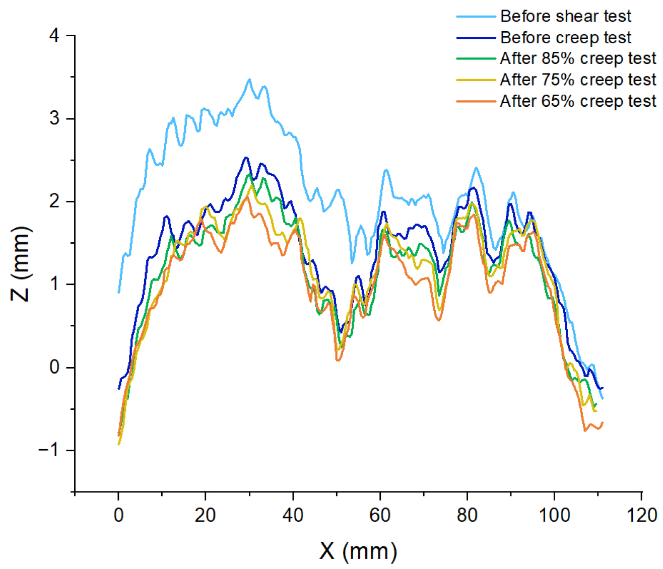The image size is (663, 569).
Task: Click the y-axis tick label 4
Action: (54, 36)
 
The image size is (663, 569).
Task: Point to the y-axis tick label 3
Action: (54, 119)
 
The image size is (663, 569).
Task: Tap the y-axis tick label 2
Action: (54, 201)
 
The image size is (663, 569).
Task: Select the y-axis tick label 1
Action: (54, 284)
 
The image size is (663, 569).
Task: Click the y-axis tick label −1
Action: (49, 450)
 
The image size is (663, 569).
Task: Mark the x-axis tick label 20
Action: (206, 515)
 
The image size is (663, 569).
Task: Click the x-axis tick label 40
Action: (293, 515)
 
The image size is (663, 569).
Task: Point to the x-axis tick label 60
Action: (380, 515)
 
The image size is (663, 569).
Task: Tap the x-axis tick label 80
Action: (467, 515)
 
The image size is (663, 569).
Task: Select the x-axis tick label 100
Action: (554, 515)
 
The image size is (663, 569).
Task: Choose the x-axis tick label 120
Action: (641, 515)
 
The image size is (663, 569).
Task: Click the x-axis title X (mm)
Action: (358, 551)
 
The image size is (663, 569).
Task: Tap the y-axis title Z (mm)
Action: (21, 263)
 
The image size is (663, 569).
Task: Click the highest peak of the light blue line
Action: (249, 79)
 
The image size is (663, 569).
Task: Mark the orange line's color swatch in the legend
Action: (476, 101)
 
